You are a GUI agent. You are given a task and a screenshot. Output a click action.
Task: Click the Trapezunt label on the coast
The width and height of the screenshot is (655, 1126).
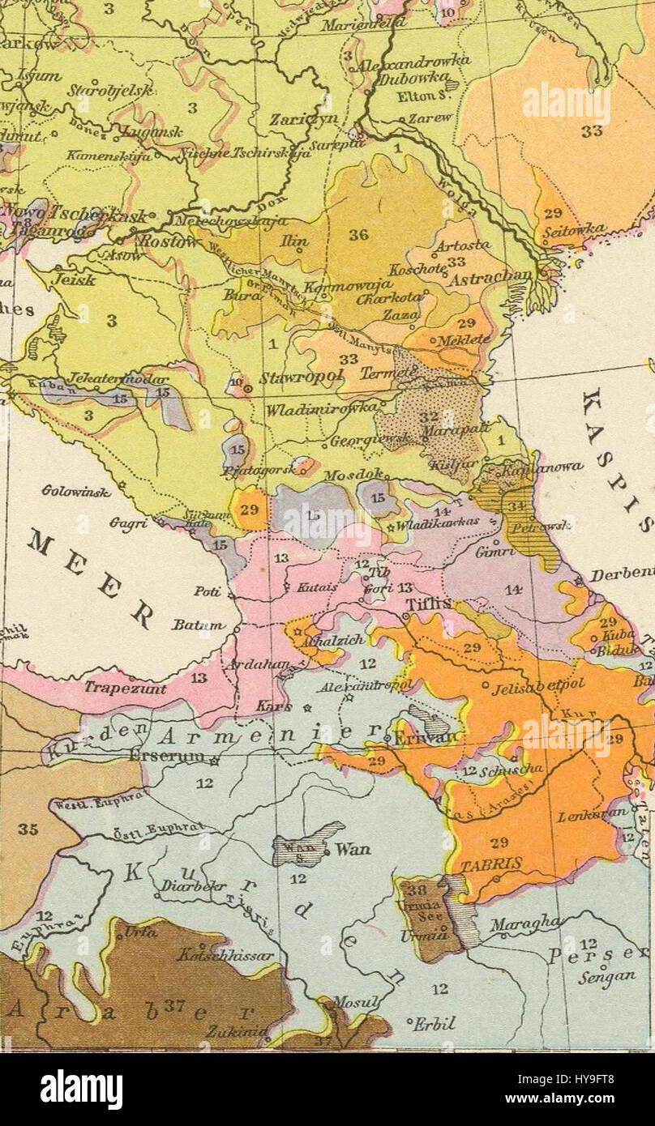[125, 689]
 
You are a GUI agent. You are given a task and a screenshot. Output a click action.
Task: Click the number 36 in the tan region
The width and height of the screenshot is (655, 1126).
[358, 235]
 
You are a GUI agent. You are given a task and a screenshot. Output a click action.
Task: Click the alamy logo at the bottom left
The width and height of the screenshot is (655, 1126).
[81, 1089]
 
